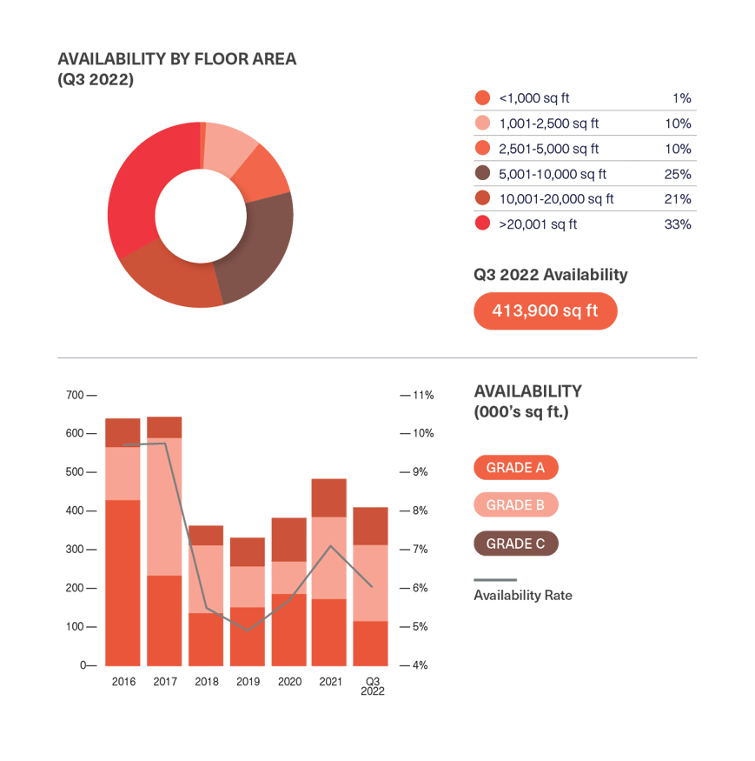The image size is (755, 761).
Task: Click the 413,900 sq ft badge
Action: pos(545,310)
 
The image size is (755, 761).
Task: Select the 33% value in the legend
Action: pos(678,224)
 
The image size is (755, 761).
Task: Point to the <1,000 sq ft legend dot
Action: pos(483,98)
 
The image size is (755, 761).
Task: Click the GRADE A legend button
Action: pos(515,468)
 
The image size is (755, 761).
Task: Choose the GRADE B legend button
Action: pos(515,505)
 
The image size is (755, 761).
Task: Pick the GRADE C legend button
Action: pos(515,544)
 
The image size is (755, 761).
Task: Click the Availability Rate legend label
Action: pos(522,596)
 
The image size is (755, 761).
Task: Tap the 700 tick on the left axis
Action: pos(76,395)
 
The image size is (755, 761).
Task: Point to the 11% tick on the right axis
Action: pos(422,395)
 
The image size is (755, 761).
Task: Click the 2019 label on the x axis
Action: pos(248,682)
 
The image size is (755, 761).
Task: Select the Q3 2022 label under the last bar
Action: pos(373,686)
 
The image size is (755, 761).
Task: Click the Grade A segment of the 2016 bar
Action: pos(123,583)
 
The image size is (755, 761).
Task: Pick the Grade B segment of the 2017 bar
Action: pos(164,506)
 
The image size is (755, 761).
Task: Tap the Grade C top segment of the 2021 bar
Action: pos(329,497)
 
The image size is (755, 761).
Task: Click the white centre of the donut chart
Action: pos(201,215)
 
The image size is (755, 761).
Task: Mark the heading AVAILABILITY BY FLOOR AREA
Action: pos(176,59)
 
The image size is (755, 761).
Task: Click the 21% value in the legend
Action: pos(678,199)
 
